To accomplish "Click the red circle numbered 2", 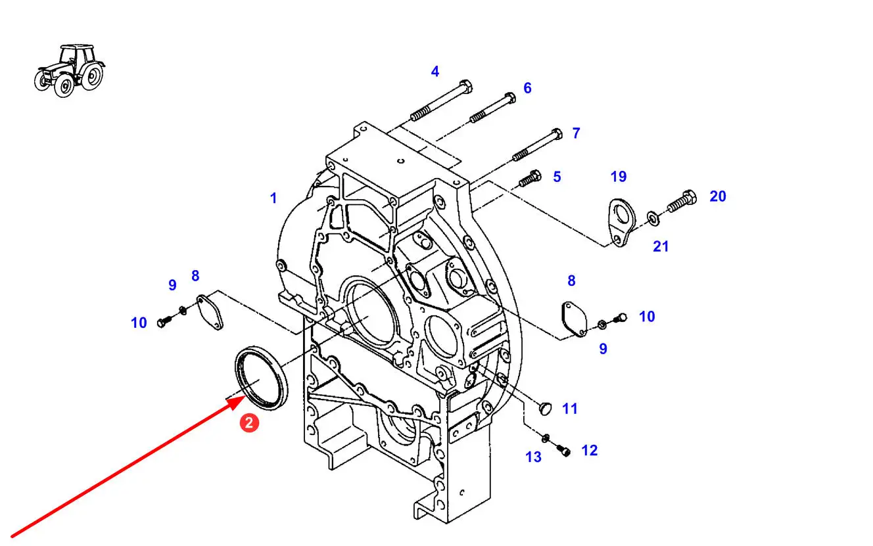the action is click(249, 422).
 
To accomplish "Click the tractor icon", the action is click(70, 70).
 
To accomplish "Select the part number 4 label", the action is click(435, 71).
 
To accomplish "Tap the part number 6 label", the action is click(527, 88).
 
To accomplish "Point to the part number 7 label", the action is click(576, 133).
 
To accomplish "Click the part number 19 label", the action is click(619, 177).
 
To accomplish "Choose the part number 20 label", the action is click(718, 196).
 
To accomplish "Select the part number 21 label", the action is click(661, 246).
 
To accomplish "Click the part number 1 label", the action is click(273, 198).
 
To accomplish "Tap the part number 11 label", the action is click(570, 409).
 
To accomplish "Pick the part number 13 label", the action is click(533, 457).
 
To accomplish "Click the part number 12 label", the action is click(589, 451).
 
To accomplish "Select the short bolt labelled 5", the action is click(530, 179).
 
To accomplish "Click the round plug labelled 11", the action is click(545, 409).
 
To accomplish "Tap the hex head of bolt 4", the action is click(466, 85).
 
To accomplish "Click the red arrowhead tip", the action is click(246, 395).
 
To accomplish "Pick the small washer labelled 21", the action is click(653, 218).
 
